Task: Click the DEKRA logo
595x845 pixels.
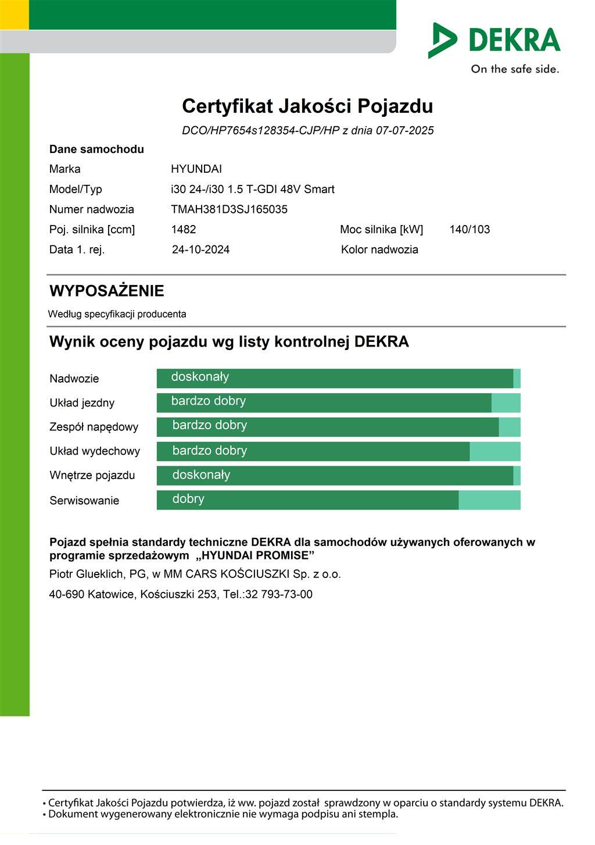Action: tap(494, 40)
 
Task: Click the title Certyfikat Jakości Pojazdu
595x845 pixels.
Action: tap(307, 106)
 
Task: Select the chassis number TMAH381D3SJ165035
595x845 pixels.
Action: tap(229, 209)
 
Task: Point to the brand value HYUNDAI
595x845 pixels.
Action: tap(196, 169)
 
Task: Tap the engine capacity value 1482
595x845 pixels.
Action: tap(184, 229)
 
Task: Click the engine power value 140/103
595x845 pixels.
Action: tap(469, 229)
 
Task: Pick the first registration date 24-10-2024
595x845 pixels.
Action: tap(200, 249)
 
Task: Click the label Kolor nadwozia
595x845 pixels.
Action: tap(379, 249)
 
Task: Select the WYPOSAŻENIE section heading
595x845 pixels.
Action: tap(107, 291)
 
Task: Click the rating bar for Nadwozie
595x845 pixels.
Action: tap(338, 378)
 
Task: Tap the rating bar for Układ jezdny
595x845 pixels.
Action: tap(338, 402)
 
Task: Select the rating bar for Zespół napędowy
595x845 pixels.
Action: tap(338, 427)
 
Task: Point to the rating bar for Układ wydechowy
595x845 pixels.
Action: tap(338, 451)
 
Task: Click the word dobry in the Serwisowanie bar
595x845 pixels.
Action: tap(188, 499)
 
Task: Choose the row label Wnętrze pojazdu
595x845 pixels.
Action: tap(92, 475)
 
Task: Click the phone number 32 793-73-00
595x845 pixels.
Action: tap(279, 594)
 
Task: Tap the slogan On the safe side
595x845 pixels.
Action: tap(515, 69)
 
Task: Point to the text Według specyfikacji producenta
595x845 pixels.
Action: tap(117, 314)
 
